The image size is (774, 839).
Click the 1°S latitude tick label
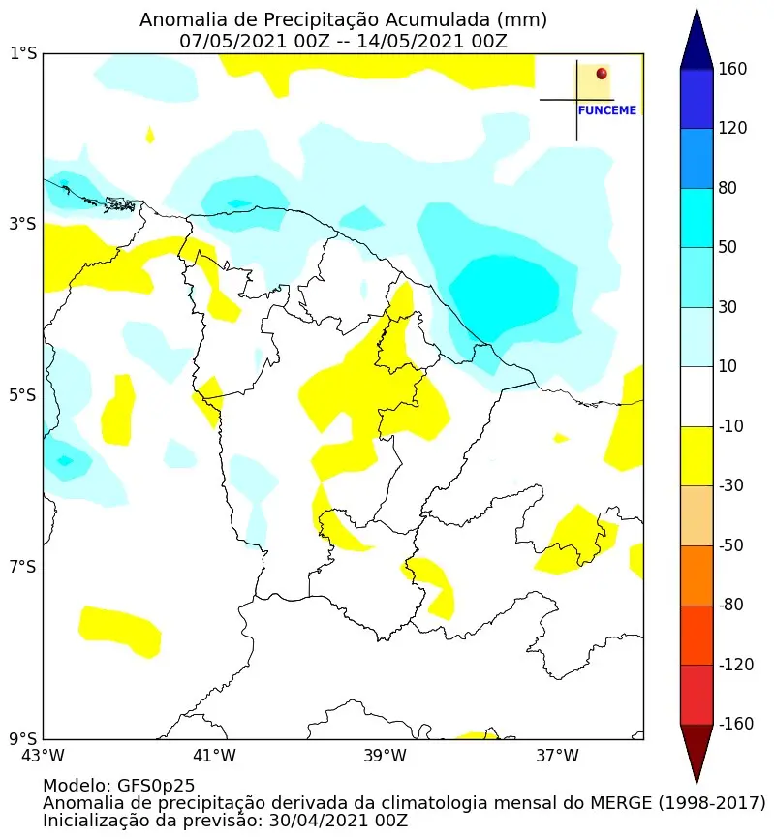tap(23, 54)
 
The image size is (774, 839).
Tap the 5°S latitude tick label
tap(23, 395)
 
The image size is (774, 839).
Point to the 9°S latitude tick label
tap(23, 738)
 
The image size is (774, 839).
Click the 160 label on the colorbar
tap(732, 69)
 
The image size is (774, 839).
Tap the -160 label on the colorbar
tap(735, 725)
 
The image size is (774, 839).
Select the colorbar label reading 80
tap(728, 188)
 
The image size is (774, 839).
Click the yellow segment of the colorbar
tap(697, 456)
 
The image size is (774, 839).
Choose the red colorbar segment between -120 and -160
tap(697, 695)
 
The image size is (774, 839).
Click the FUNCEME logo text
tap(607, 110)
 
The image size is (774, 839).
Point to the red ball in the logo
tap(602, 74)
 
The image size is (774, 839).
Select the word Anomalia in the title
tap(178, 20)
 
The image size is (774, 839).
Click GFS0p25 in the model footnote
tap(156, 786)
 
